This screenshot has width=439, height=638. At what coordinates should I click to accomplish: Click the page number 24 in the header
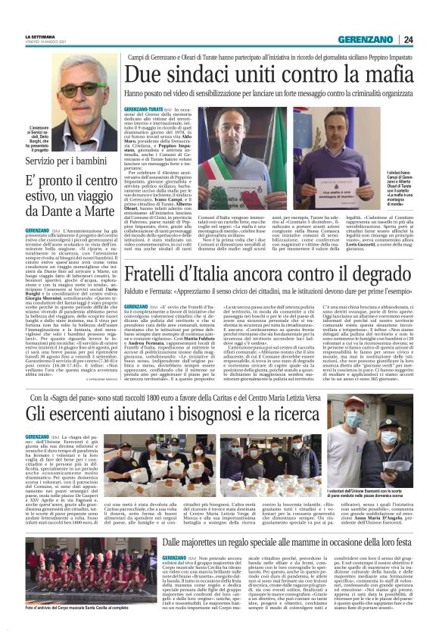tap(408, 39)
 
